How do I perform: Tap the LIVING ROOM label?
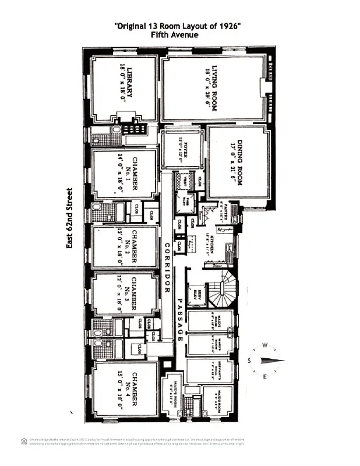coord(211,88)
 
